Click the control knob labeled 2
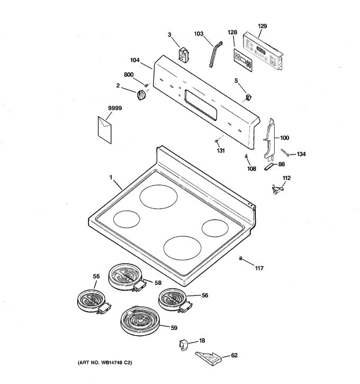tap(141, 96)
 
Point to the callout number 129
tap(263, 26)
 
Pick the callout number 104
tap(134, 61)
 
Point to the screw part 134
tap(286, 154)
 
